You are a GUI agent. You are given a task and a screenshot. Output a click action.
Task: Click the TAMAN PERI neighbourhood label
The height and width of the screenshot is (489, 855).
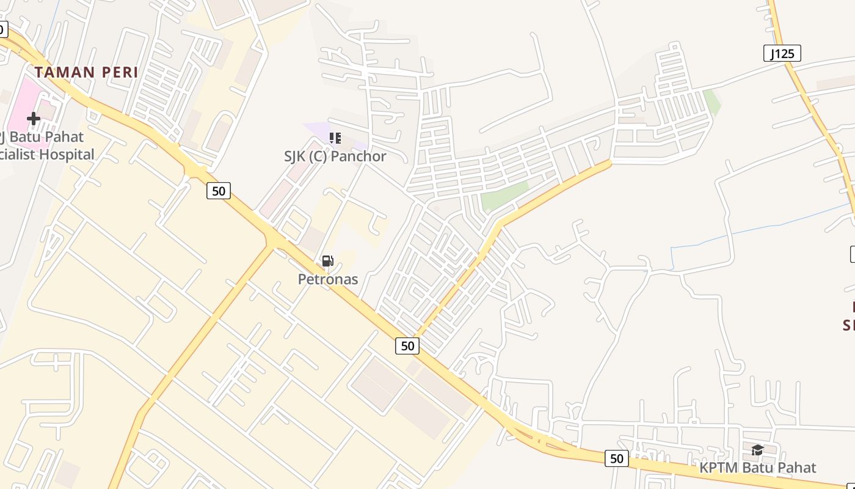tap(86, 72)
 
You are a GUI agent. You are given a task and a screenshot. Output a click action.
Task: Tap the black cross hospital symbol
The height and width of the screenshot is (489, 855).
tap(34, 118)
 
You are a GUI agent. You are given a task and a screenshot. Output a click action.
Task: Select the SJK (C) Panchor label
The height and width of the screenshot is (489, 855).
tap(335, 156)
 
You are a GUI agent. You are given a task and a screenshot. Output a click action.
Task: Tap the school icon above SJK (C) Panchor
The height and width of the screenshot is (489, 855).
tap(335, 138)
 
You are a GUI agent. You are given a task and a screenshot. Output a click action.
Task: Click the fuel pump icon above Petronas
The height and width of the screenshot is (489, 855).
tap(327, 262)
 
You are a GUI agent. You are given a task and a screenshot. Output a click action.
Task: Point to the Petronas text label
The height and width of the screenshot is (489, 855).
tap(327, 279)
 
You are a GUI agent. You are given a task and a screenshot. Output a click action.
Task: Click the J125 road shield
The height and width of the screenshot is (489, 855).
tap(782, 54)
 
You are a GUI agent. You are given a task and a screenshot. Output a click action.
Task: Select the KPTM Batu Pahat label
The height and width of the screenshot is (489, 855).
tap(757, 468)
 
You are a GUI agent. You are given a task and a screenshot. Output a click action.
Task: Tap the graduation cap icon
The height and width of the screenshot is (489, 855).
tap(757, 450)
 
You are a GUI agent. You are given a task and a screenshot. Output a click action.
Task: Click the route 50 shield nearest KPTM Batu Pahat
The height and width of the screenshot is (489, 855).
tap(616, 458)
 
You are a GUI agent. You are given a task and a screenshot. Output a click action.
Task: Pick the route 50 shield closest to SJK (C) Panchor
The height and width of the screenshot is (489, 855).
tap(218, 191)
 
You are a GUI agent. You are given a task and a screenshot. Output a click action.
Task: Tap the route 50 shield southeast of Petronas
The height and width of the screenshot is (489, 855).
tap(407, 346)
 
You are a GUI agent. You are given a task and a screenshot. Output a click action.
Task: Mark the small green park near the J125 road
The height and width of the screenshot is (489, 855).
tap(711, 101)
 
